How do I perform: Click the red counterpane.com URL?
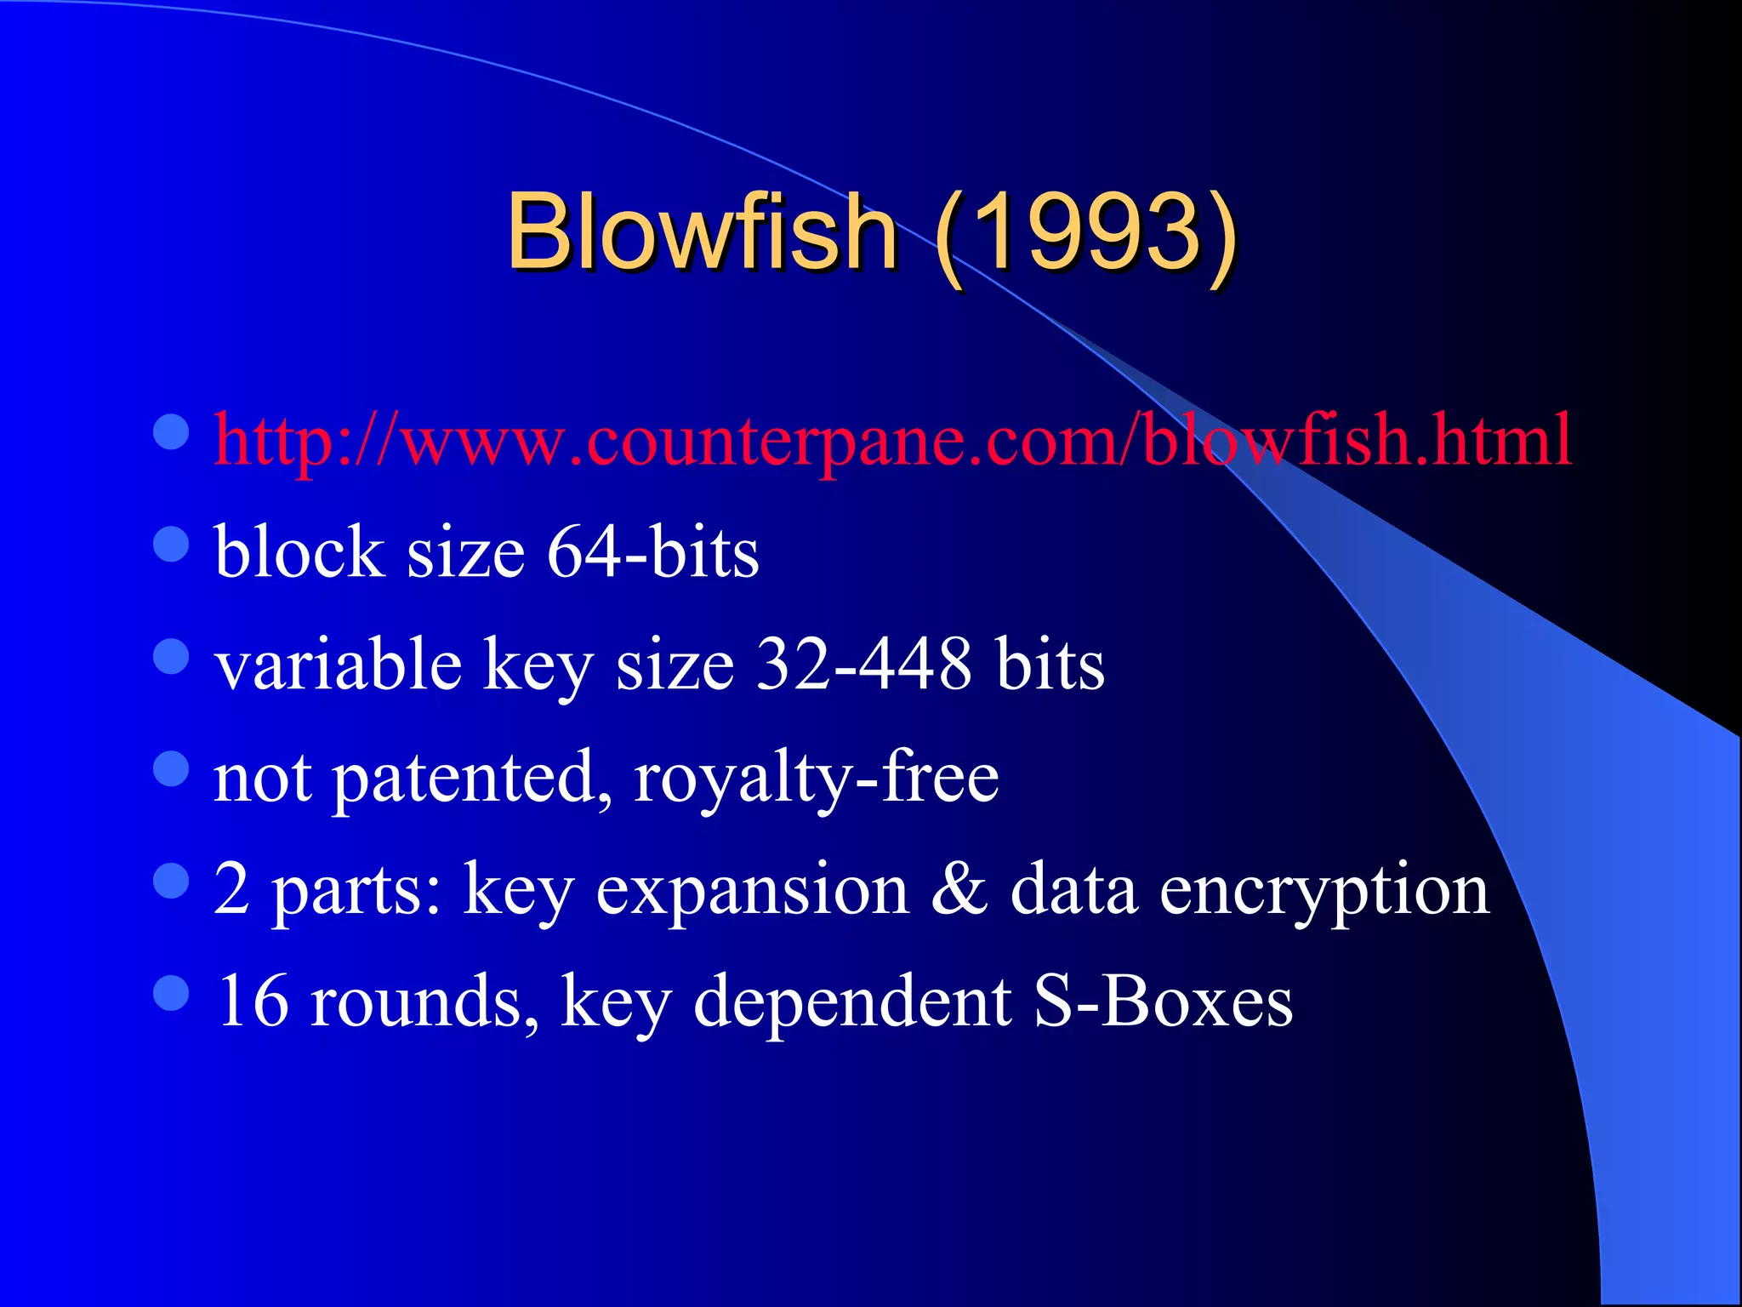(892, 440)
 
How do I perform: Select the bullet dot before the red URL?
(171, 431)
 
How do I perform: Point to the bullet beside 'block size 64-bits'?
(171, 544)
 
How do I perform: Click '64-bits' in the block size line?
(652, 552)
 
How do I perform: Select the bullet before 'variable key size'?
(171, 656)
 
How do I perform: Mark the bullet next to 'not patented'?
(171, 768)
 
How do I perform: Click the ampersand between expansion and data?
(959, 888)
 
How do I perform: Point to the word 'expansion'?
(752, 890)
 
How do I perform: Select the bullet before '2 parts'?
(171, 881)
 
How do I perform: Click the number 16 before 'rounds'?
(253, 1001)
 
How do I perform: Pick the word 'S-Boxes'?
(1164, 1001)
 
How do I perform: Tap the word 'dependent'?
(852, 1001)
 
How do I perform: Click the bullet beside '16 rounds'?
(171, 992)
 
